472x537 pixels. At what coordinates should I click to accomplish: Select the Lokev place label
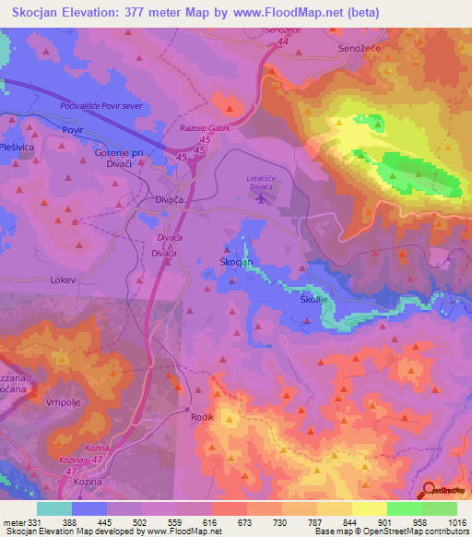(62, 278)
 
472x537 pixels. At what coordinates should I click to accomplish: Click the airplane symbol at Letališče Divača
(262, 197)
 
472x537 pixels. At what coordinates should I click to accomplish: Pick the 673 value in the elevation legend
(246, 521)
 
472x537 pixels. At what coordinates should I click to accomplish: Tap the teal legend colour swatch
(54, 508)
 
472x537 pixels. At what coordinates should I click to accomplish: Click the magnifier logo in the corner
(430, 488)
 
